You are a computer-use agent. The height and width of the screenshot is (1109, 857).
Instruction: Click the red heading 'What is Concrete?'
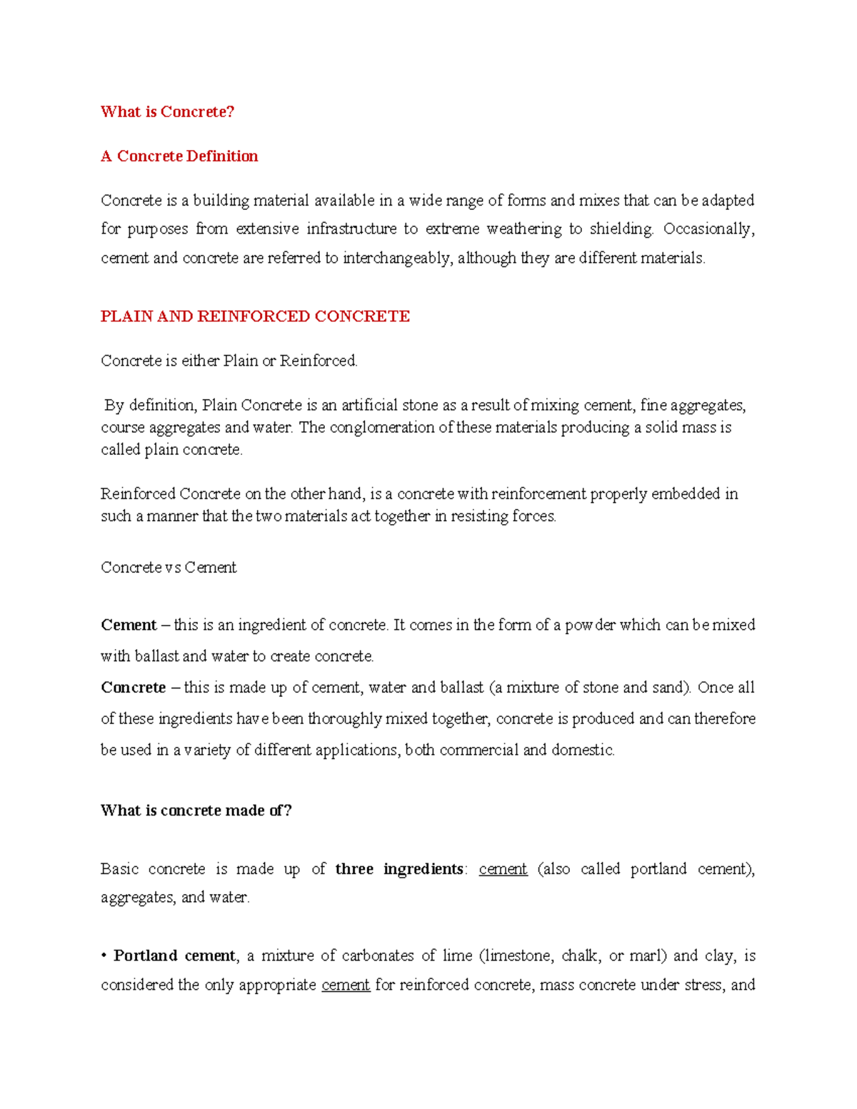[167, 111]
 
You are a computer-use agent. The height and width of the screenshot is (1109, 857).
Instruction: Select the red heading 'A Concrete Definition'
[179, 156]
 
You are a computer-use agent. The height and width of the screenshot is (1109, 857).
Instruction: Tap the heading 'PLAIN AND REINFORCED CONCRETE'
[255, 316]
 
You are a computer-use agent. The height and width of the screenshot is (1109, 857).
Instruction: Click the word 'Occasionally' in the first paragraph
[708, 229]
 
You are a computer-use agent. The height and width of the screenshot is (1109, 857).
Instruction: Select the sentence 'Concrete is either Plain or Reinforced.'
[229, 361]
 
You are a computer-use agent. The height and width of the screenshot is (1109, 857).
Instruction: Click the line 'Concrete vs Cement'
[169, 568]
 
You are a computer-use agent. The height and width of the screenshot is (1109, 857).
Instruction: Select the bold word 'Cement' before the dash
[129, 626]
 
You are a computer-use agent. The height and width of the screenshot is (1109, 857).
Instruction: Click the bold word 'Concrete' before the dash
[134, 688]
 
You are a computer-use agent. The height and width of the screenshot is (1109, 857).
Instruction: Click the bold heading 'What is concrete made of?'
[196, 811]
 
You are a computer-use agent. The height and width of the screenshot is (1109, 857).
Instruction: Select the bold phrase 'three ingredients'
[399, 869]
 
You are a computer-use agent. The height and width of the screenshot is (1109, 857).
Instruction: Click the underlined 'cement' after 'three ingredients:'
[503, 869]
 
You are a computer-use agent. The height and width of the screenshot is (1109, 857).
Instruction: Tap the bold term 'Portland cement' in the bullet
[174, 956]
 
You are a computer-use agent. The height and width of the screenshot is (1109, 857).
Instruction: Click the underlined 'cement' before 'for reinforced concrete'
[346, 985]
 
